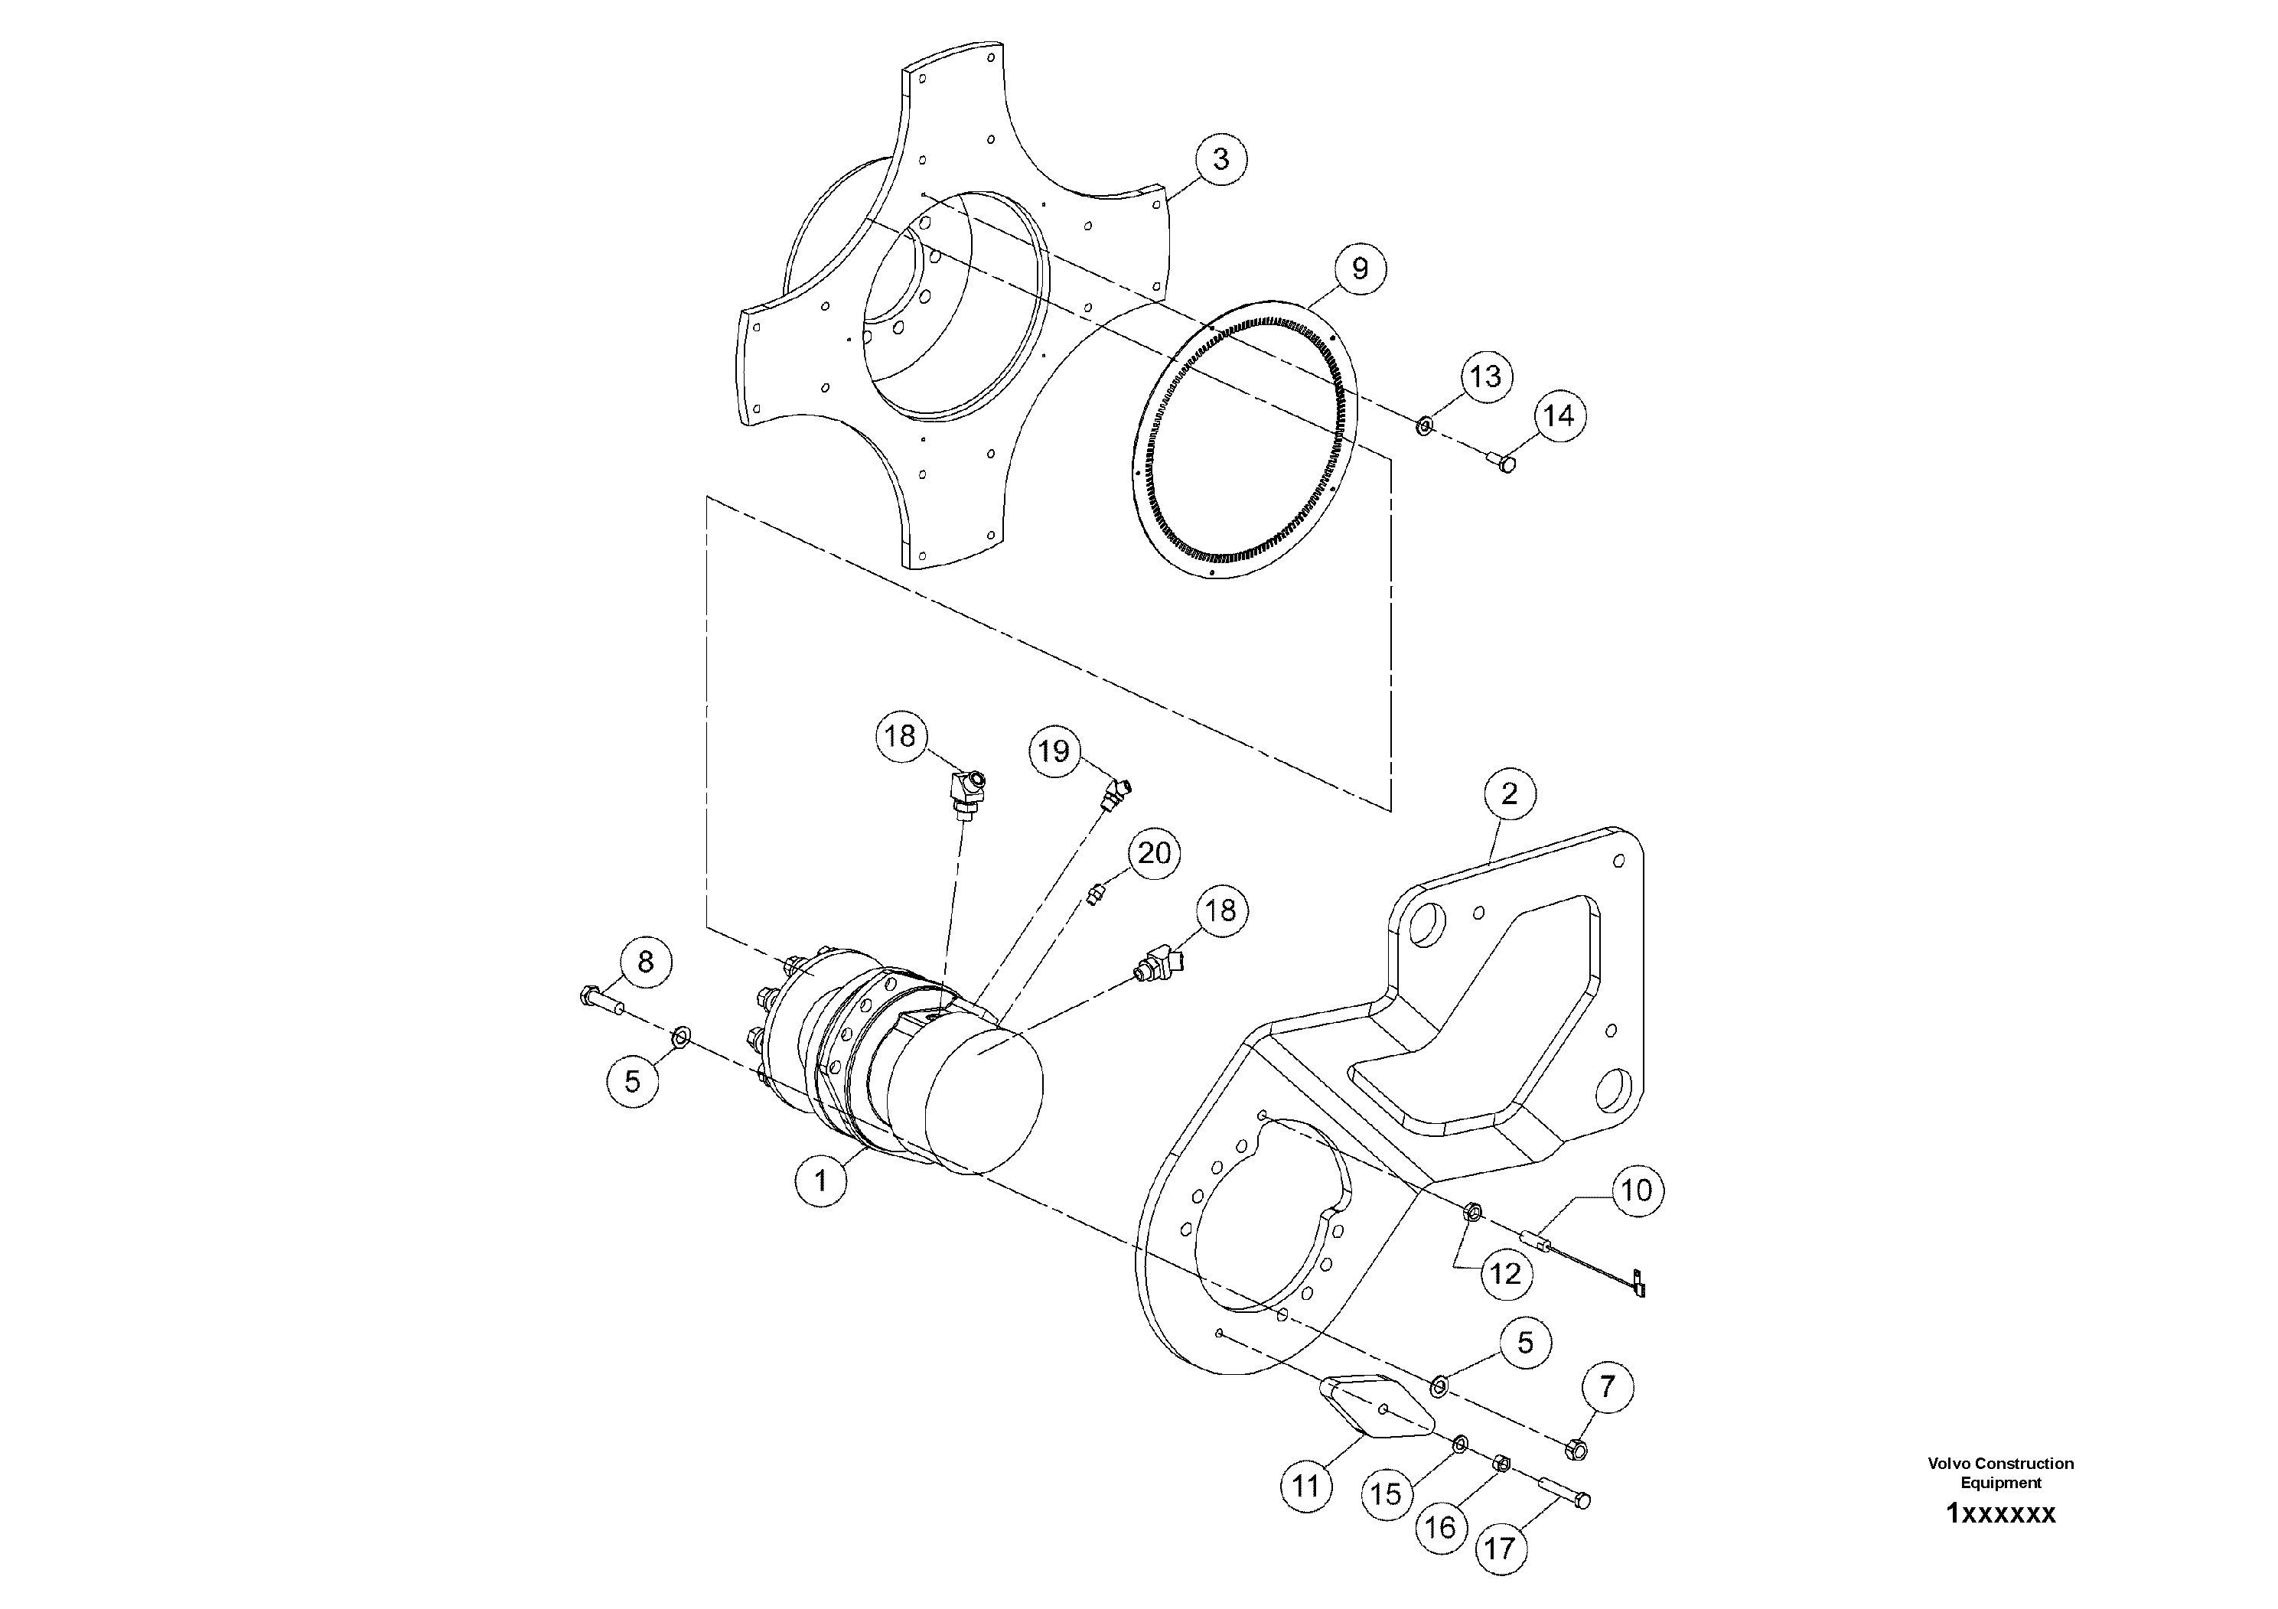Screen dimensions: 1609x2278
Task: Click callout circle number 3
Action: (1220, 158)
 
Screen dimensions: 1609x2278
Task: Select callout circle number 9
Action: (1359, 268)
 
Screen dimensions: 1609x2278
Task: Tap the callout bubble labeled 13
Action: (1485, 377)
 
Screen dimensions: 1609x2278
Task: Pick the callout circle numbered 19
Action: (1054, 750)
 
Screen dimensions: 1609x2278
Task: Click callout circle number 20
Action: (1154, 853)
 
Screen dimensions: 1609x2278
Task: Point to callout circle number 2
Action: (1509, 793)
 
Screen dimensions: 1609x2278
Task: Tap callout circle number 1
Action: (820, 1181)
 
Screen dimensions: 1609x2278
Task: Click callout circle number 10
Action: (1636, 1190)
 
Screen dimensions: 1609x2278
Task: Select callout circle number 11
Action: (1305, 1486)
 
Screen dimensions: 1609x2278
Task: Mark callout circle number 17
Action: (1500, 1549)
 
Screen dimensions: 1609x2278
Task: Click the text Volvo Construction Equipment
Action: (2000, 1473)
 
